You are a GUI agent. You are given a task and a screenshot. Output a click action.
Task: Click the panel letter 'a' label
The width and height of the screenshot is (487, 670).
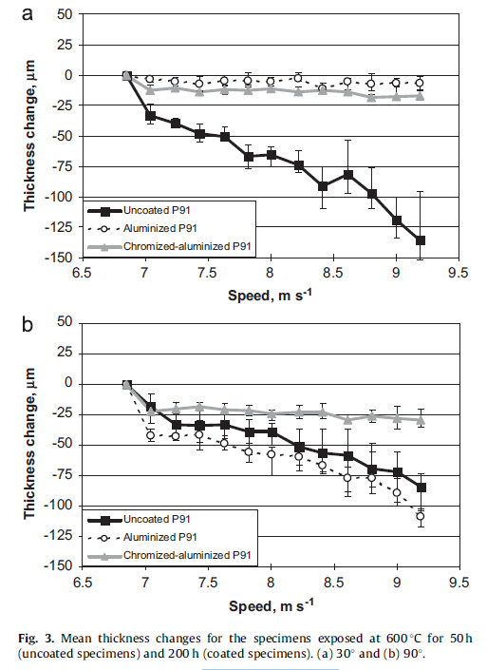click(28, 13)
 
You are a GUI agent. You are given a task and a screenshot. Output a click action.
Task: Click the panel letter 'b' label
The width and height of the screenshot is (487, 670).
click(27, 324)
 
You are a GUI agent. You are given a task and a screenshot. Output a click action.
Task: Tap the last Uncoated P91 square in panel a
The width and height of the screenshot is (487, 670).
click(421, 240)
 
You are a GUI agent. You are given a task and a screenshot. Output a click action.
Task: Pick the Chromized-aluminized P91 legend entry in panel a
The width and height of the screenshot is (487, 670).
click(169, 246)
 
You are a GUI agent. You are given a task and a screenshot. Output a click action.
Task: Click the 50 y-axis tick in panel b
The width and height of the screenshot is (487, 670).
click(66, 322)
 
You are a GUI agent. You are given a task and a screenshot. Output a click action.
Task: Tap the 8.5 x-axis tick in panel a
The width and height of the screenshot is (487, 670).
click(333, 272)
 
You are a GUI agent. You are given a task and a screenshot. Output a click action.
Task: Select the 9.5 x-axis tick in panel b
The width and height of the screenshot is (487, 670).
click(458, 582)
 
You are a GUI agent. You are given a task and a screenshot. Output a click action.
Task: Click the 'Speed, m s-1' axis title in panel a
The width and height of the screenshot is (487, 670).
click(270, 295)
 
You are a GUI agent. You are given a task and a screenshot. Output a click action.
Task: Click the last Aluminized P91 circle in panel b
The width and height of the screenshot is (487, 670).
click(421, 516)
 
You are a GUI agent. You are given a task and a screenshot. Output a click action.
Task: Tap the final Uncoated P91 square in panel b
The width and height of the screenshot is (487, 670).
click(421, 488)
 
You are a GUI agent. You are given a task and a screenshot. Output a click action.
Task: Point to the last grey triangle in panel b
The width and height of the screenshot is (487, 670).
click(421, 420)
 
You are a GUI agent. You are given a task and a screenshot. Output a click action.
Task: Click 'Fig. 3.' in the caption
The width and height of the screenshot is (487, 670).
click(36, 639)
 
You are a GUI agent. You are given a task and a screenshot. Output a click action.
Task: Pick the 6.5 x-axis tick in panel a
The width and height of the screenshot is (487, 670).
click(82, 272)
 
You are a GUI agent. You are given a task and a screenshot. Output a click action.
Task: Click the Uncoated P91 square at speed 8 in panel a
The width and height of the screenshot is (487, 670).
click(272, 154)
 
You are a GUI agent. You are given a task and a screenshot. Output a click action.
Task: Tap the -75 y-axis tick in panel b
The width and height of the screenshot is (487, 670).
click(63, 475)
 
